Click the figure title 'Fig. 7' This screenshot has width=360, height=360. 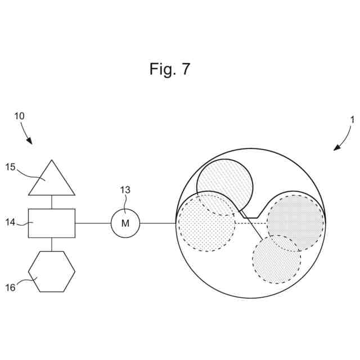[170, 69]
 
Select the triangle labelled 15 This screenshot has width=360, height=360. [52, 181]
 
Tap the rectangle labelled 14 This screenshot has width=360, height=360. [52, 223]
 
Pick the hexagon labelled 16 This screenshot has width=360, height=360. [52, 271]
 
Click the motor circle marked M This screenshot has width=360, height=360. [125, 223]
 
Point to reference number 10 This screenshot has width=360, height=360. [19, 116]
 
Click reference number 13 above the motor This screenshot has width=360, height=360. [125, 190]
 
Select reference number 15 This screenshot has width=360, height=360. [11, 166]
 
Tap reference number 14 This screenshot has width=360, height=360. [11, 222]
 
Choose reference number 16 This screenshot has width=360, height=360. [11, 287]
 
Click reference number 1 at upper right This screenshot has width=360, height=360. [352, 119]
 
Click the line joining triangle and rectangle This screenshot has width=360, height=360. [52, 202]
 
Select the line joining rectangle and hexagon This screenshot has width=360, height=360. [52, 244]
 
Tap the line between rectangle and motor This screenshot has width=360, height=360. [93, 223]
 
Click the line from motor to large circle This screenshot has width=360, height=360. [158, 223]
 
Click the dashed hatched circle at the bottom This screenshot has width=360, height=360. [276, 259]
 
